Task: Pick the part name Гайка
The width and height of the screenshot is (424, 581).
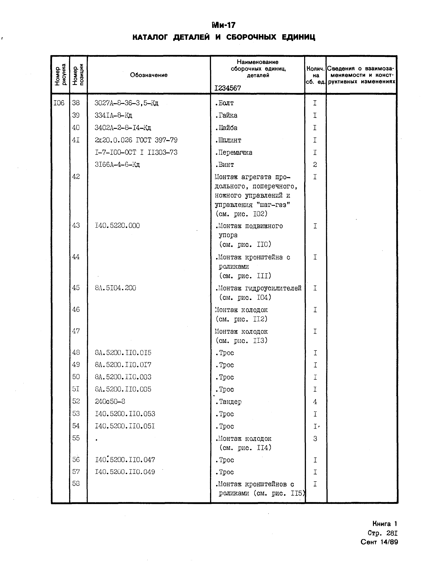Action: [226, 115]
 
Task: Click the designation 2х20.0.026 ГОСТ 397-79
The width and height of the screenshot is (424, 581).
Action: [136, 140]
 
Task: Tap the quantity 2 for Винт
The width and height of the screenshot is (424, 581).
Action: [315, 165]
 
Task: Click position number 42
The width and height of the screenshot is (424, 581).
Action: [76, 177]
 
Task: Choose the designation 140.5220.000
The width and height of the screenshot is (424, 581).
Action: [117, 226]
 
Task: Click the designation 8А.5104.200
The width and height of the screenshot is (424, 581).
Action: [115, 288]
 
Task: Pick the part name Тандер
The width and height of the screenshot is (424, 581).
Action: [228, 402]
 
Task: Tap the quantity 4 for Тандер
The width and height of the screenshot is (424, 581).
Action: [315, 402]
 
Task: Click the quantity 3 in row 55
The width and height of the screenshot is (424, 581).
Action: [315, 439]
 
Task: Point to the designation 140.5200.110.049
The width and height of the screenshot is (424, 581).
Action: [125, 472]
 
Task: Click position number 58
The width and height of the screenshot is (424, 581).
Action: [76, 483]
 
